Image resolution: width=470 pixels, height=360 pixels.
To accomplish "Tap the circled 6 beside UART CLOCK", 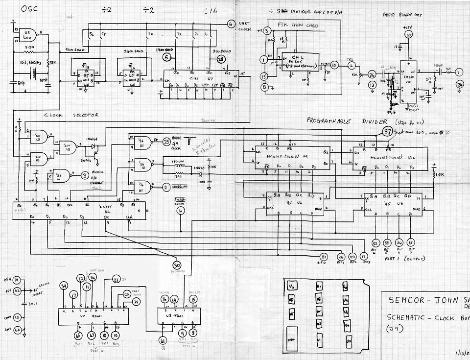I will click(231, 24).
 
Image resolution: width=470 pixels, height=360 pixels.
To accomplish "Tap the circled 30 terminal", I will click(177, 265).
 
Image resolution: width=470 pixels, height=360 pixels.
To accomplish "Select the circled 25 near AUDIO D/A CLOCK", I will click(166, 142).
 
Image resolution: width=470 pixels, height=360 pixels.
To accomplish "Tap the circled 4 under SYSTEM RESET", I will click(181, 211).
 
